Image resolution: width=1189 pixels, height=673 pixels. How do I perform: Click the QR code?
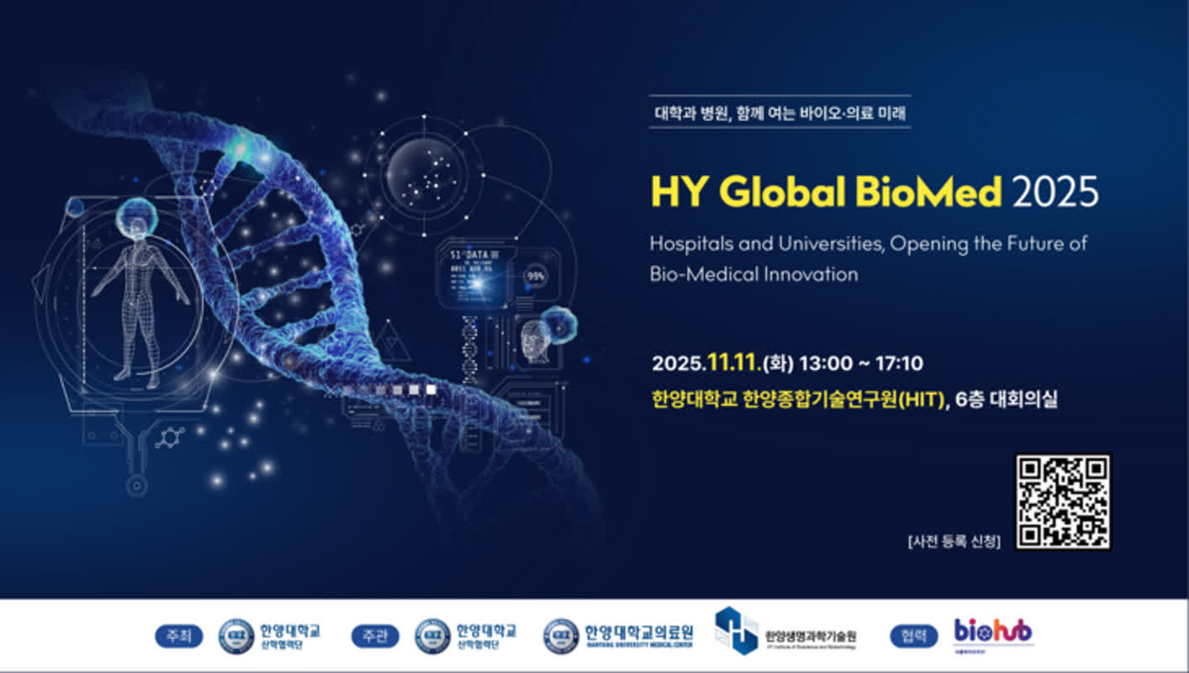pyautogui.click(x=1063, y=502)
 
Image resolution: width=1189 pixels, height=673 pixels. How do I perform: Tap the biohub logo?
pyautogui.click(x=993, y=631)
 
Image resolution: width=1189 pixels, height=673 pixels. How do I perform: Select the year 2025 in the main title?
pyautogui.click(x=1055, y=193)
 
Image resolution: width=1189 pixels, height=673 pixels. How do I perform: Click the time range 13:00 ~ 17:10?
pyautogui.click(x=861, y=363)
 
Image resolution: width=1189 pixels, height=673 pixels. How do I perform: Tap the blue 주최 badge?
pyautogui.click(x=178, y=636)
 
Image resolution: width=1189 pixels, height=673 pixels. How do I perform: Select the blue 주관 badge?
pyautogui.click(x=374, y=636)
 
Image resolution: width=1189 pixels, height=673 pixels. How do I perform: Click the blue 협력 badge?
pyautogui.click(x=913, y=636)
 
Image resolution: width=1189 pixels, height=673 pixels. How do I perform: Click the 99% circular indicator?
pyautogui.click(x=535, y=276)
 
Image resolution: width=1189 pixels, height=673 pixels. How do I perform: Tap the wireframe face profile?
pyautogui.click(x=535, y=341)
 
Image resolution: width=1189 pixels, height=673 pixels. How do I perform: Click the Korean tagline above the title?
pyautogui.click(x=779, y=112)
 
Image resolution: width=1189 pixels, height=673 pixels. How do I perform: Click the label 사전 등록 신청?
pyautogui.click(x=954, y=541)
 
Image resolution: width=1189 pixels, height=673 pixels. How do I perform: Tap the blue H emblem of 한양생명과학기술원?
pyautogui.click(x=736, y=630)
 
